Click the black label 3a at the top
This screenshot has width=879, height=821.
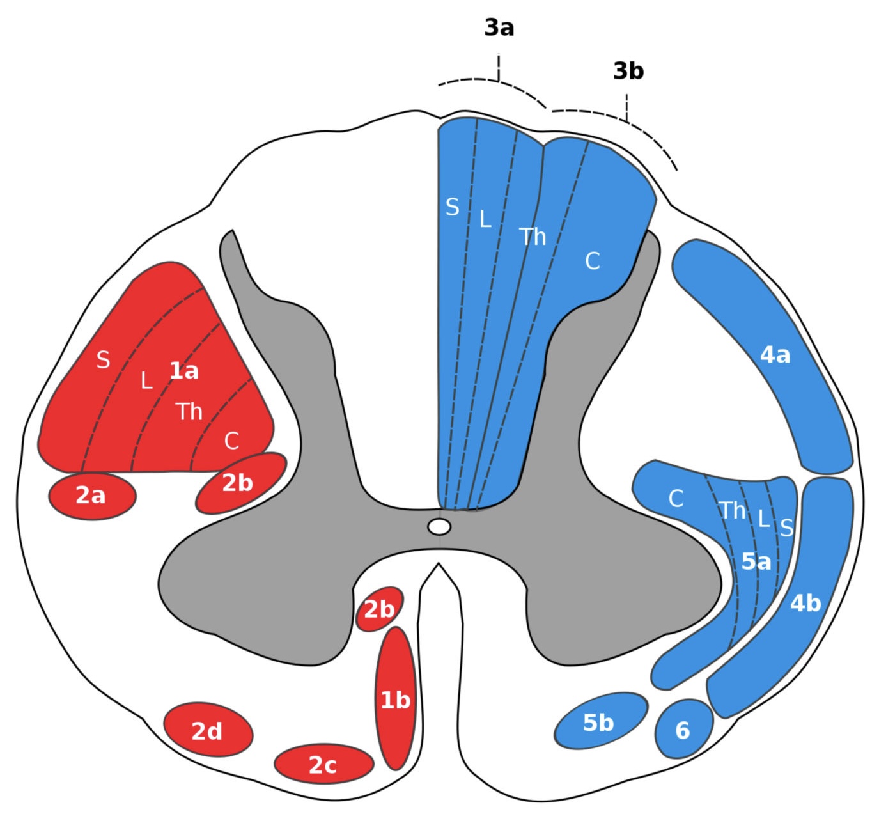[x=499, y=28]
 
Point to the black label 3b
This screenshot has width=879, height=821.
[x=628, y=72]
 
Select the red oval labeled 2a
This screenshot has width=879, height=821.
[x=92, y=496]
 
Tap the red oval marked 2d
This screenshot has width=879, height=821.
[x=208, y=730]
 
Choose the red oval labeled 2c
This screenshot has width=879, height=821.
[x=323, y=764]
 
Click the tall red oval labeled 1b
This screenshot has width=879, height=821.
[x=396, y=700]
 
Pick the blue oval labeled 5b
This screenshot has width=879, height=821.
[x=600, y=721]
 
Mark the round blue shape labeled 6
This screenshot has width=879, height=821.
[x=683, y=729]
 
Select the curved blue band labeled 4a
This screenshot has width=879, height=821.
[x=775, y=355]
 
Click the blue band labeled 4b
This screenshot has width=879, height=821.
[x=805, y=603]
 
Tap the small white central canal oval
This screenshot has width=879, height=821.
[x=439, y=527]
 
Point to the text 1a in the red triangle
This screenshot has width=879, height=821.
[x=184, y=370]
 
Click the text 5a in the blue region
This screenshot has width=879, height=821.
[x=756, y=562]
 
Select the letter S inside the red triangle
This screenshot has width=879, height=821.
[x=103, y=361]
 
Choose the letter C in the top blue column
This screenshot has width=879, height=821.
[x=593, y=261]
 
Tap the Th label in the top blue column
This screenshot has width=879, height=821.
[x=533, y=237]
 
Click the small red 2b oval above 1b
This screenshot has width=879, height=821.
[x=379, y=609]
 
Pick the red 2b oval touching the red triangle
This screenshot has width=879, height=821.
[x=239, y=483]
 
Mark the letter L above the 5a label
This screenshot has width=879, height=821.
[x=763, y=519]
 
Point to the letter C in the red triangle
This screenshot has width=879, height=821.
[x=231, y=441]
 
